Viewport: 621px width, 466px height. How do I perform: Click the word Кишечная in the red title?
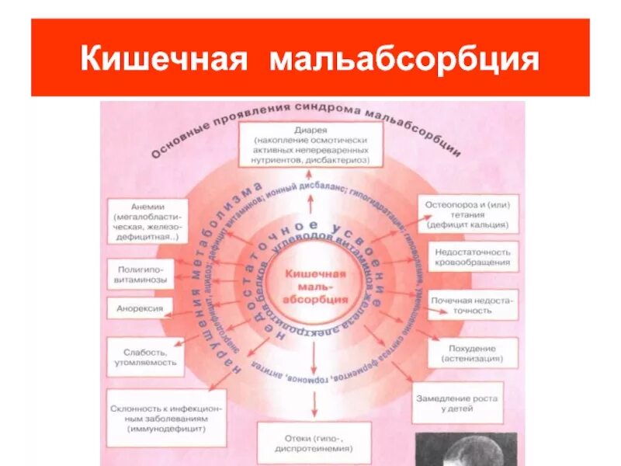162,60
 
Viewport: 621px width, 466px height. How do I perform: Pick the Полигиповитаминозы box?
144,273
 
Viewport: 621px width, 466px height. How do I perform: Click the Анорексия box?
140,308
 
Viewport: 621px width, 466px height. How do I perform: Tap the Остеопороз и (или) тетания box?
467,214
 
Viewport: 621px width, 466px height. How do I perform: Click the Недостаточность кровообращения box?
473,258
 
